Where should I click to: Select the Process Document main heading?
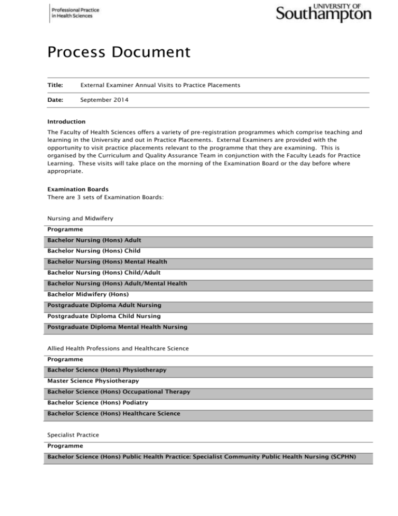point(118,52)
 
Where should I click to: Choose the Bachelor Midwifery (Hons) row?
point(88,294)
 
